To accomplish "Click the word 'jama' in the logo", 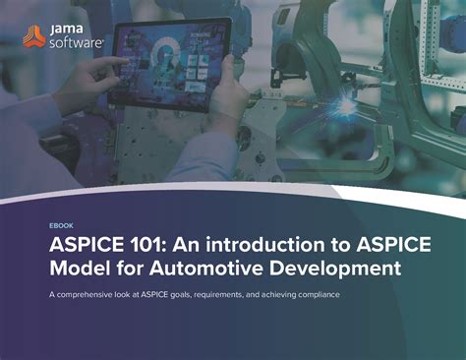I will (x=71, y=30).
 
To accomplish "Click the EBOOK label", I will (x=61, y=225).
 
